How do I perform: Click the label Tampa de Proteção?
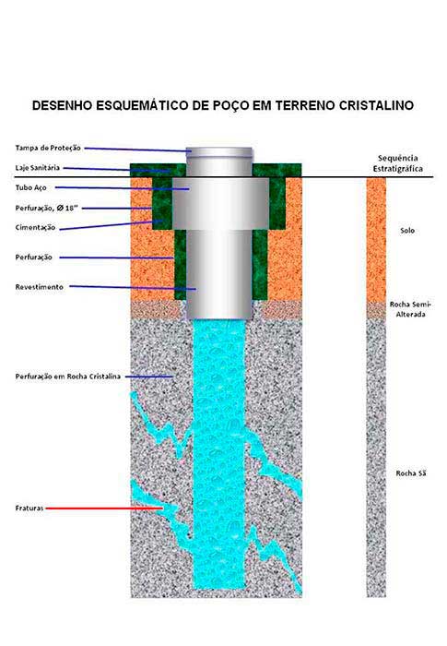click(x=48, y=148)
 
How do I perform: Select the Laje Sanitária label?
click(x=38, y=168)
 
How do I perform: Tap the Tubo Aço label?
click(x=30, y=187)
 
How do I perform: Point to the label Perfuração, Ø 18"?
click(x=46, y=208)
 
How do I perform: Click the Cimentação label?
click(x=35, y=227)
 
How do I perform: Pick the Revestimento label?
click(x=40, y=287)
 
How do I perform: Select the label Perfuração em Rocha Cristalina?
click(x=68, y=377)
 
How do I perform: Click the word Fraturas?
click(x=29, y=508)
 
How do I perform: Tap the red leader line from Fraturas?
click(x=104, y=508)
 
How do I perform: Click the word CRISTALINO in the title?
click(x=376, y=105)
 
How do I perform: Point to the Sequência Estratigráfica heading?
click(x=397, y=163)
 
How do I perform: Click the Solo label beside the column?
click(x=407, y=231)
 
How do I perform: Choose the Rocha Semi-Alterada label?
click(x=410, y=309)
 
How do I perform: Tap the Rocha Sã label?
click(x=411, y=473)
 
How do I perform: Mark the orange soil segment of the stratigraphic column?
click(x=376, y=240)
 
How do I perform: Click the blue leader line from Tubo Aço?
click(x=123, y=188)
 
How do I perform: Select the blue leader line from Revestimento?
click(x=133, y=288)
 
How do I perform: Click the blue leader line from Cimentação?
click(x=112, y=225)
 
